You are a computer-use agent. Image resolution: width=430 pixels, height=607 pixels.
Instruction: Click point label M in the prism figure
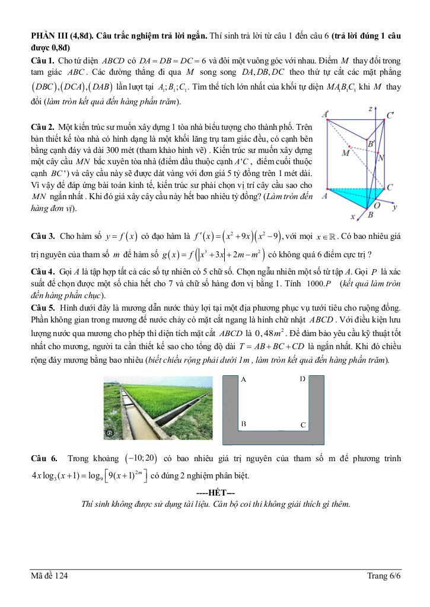[x=345, y=154]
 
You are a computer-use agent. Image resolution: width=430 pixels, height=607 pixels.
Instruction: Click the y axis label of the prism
[x=394, y=207]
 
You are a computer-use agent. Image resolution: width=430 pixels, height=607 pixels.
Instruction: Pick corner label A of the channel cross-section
[x=244, y=379]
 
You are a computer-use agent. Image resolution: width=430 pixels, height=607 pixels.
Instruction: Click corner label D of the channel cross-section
[x=302, y=379]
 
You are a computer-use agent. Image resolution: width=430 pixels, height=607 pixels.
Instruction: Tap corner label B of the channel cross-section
[x=244, y=424]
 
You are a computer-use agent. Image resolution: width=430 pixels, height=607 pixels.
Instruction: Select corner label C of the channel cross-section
[x=302, y=425]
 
